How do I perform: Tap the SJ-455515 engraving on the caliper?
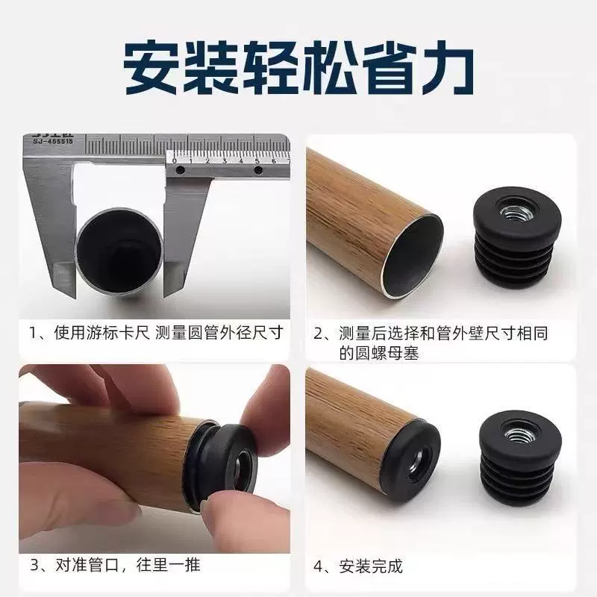point(52,141)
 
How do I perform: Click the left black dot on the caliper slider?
point(181,169)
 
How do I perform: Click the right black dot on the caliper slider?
point(257,170)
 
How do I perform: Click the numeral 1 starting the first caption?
point(33,333)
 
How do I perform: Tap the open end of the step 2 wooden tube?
point(413,255)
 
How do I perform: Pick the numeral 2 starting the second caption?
point(319,333)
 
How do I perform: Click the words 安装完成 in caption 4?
point(371,566)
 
